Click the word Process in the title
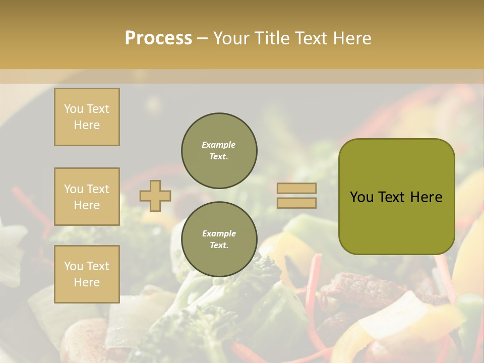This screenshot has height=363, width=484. (158, 38)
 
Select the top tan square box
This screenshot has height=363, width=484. (87, 117)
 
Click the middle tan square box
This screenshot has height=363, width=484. (87, 197)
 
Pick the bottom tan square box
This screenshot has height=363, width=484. (87, 274)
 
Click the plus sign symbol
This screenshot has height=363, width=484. (155, 196)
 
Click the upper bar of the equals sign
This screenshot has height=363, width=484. (296, 189)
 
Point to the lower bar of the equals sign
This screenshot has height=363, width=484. (296, 203)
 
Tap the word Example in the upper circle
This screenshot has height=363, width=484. (219, 145)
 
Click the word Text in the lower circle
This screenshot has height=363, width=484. (218, 245)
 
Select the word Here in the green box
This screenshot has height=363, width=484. (426, 197)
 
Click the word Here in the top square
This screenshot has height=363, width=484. (87, 125)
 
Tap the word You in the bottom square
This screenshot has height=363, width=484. (74, 266)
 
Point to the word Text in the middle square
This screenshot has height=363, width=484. (98, 189)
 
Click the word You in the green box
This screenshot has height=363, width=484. (361, 197)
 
